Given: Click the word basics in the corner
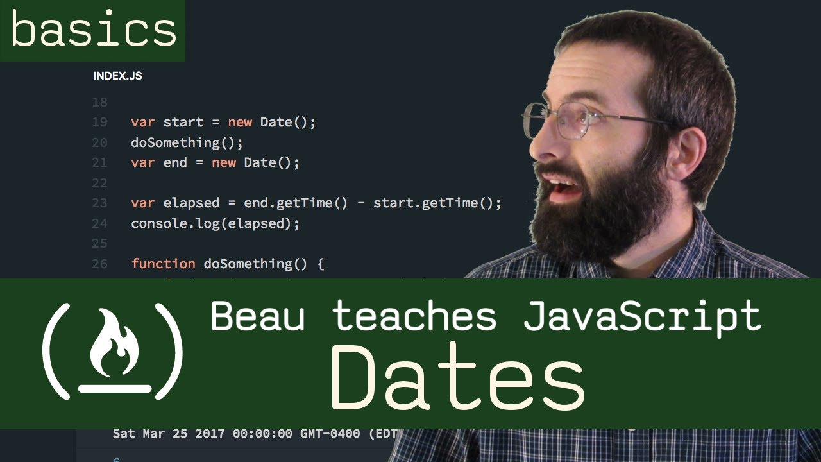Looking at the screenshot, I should [93, 30].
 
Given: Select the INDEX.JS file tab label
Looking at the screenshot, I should [117, 76].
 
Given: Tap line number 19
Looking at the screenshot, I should [99, 122].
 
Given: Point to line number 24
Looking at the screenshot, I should [99, 223].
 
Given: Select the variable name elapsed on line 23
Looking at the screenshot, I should [191, 203].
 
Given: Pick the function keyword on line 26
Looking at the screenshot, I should [163, 264].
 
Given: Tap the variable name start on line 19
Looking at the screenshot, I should [183, 122].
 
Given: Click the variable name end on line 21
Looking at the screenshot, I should [175, 162].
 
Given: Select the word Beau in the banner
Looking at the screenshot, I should [257, 316].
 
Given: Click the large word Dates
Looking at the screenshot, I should [457, 379].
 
